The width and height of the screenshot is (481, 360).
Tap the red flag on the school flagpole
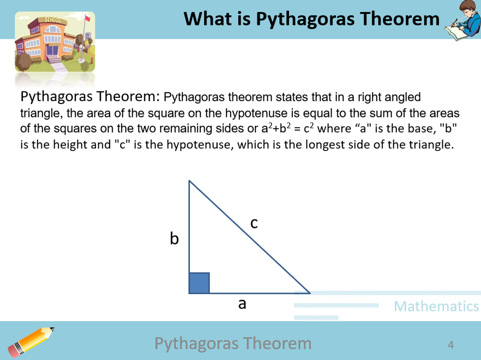pyautogui.click(x=87, y=19)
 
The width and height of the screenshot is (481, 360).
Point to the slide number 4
pyautogui.click(x=450, y=344)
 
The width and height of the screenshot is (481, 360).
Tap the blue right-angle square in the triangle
pyautogui.click(x=199, y=283)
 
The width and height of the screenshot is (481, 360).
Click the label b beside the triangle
pyautogui.click(x=174, y=239)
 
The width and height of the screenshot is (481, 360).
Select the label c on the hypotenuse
pyautogui.click(x=254, y=223)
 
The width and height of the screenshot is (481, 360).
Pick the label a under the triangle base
pyautogui.click(x=242, y=304)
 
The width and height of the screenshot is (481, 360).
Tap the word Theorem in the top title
pyautogui.click(x=400, y=19)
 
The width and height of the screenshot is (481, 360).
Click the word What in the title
pyautogui.click(x=207, y=19)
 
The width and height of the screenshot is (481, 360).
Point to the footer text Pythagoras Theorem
pyautogui.click(x=233, y=343)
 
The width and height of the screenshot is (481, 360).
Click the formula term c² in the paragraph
pyautogui.click(x=309, y=128)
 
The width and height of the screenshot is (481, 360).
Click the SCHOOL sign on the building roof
pyautogui.click(x=52, y=20)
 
